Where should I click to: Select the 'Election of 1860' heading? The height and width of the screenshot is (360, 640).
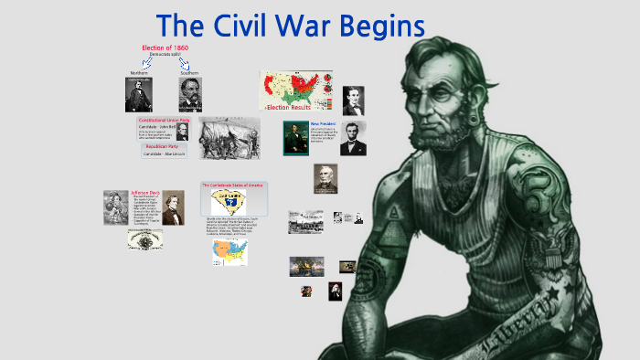165,48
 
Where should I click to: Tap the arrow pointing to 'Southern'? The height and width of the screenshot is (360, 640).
185,64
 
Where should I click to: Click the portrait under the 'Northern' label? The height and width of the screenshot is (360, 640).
138,94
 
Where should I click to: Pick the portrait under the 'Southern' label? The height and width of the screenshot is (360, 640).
190,94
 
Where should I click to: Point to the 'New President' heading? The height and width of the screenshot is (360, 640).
324,123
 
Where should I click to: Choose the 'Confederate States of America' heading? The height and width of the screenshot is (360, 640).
234,185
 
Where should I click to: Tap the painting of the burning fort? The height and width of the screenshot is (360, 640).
306,266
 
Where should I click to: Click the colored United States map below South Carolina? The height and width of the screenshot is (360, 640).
229,252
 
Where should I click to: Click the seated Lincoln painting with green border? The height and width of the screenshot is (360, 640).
295,138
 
